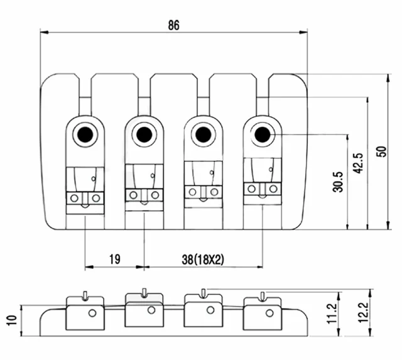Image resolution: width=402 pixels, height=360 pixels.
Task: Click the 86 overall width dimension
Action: (x=173, y=25)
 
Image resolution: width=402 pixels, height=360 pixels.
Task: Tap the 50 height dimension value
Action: (x=381, y=151)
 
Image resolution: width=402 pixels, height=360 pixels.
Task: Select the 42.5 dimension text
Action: (x=358, y=163)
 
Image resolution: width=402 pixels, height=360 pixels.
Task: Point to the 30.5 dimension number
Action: (x=338, y=182)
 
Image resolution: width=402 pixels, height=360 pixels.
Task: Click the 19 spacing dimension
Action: (x=114, y=259)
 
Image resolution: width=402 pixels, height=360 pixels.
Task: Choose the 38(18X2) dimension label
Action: (x=203, y=259)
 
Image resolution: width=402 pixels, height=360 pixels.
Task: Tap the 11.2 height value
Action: (x=332, y=314)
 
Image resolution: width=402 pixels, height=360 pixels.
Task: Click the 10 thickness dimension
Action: (x=11, y=320)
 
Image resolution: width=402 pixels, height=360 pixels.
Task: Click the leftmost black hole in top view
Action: (x=85, y=134)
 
